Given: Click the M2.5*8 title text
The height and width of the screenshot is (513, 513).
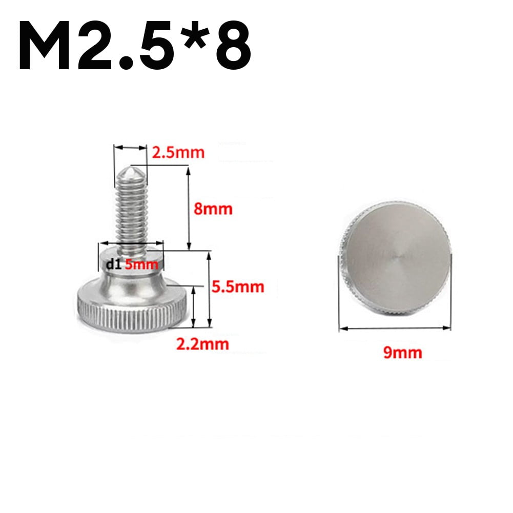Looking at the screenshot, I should (x=134, y=46).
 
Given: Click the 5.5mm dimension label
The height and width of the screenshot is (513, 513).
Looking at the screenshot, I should (x=238, y=286).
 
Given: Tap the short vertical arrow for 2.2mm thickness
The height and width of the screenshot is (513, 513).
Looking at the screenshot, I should (x=194, y=306).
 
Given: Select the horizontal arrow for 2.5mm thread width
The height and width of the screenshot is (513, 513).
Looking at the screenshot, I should (x=130, y=148).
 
